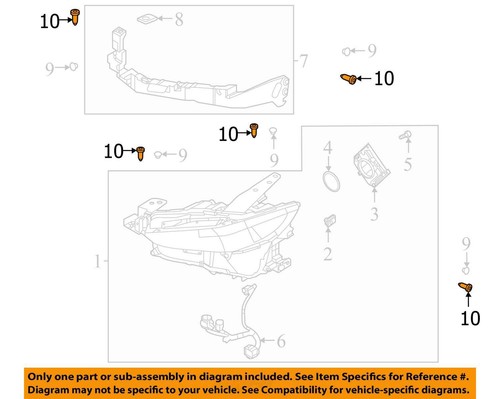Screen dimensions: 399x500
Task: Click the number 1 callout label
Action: [98, 262]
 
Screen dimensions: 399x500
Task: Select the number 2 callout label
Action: [327, 255]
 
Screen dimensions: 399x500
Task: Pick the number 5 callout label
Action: [407, 164]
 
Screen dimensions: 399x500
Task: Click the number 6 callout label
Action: [280, 342]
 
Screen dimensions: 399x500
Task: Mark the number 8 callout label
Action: [179, 19]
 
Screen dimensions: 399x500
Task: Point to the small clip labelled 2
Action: [328, 221]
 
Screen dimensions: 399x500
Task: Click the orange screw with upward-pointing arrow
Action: [466, 290]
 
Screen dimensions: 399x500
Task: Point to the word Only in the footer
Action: [44, 374]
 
